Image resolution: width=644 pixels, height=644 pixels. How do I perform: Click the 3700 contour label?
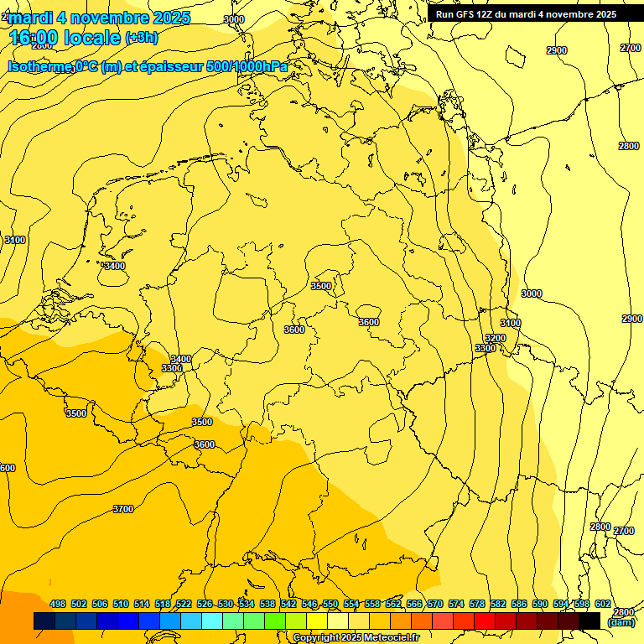(x=123, y=509)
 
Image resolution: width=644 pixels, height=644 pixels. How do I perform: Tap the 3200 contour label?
(x=496, y=338)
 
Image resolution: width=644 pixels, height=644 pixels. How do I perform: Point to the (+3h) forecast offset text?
(x=140, y=37)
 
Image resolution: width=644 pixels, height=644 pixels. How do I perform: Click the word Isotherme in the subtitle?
(x=39, y=67)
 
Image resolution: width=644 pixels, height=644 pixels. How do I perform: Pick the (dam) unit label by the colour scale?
(x=621, y=622)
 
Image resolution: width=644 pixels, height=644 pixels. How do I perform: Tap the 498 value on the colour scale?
(x=58, y=604)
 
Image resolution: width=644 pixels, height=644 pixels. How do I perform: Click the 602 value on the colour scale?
(x=603, y=604)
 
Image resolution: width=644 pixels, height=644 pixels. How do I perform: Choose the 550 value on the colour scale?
(x=330, y=604)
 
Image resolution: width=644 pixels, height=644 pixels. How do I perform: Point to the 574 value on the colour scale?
(x=456, y=604)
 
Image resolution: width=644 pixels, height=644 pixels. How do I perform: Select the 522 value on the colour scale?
(x=184, y=604)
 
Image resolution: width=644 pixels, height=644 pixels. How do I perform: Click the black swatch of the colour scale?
(x=589, y=621)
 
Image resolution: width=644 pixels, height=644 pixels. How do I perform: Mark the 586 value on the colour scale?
(x=519, y=604)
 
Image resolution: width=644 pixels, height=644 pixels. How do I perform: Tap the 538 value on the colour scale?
(x=267, y=604)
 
